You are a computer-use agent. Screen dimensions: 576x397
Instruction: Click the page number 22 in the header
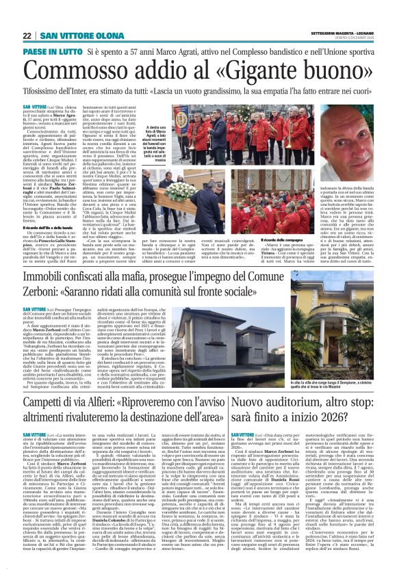[27, 36]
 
